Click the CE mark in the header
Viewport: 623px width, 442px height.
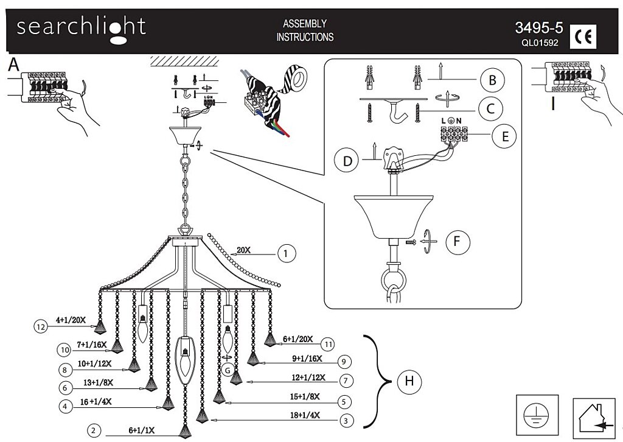tap(583, 37)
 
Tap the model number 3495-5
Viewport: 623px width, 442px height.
tap(539, 28)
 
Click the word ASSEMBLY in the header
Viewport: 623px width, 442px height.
tap(305, 24)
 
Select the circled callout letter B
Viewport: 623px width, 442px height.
tap(492, 80)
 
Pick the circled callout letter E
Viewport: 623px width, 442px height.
tap(505, 136)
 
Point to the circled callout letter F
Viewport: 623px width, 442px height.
tap(458, 241)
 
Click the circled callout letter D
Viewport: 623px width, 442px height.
tap(347, 161)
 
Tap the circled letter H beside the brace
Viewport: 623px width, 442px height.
tap(409, 381)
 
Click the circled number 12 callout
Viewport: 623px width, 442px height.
tap(41, 327)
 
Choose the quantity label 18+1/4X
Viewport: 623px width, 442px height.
tap(305, 415)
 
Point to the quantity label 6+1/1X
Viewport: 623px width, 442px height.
tap(141, 430)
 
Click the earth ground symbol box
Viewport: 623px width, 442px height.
tap(537, 415)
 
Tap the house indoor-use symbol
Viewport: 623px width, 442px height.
tap(595, 419)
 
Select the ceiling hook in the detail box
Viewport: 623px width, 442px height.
tap(397, 111)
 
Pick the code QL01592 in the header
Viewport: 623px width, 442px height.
tap(540, 43)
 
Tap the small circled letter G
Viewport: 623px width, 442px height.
tap(228, 370)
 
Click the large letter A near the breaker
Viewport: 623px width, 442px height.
tap(13, 64)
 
